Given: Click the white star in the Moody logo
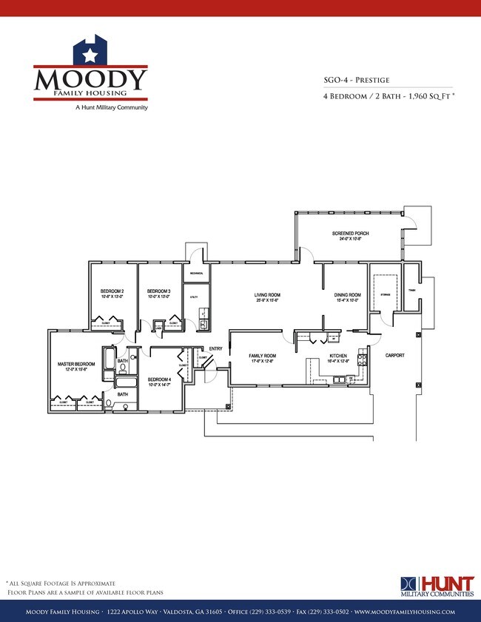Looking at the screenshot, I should tap(90, 54).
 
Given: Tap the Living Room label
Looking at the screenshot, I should tap(266, 297).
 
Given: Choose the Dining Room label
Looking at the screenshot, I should tap(348, 297).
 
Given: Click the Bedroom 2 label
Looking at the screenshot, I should tap(112, 292).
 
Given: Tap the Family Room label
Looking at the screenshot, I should tap(262, 357).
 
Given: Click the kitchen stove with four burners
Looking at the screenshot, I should tap(363, 360).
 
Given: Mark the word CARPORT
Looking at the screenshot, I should tap(395, 356).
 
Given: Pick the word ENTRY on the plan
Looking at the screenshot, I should tap(216, 349).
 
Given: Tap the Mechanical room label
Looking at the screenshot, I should tap(196, 274).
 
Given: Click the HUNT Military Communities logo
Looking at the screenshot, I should tap(437, 585).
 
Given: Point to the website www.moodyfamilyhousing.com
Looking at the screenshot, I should tap(404, 612).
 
